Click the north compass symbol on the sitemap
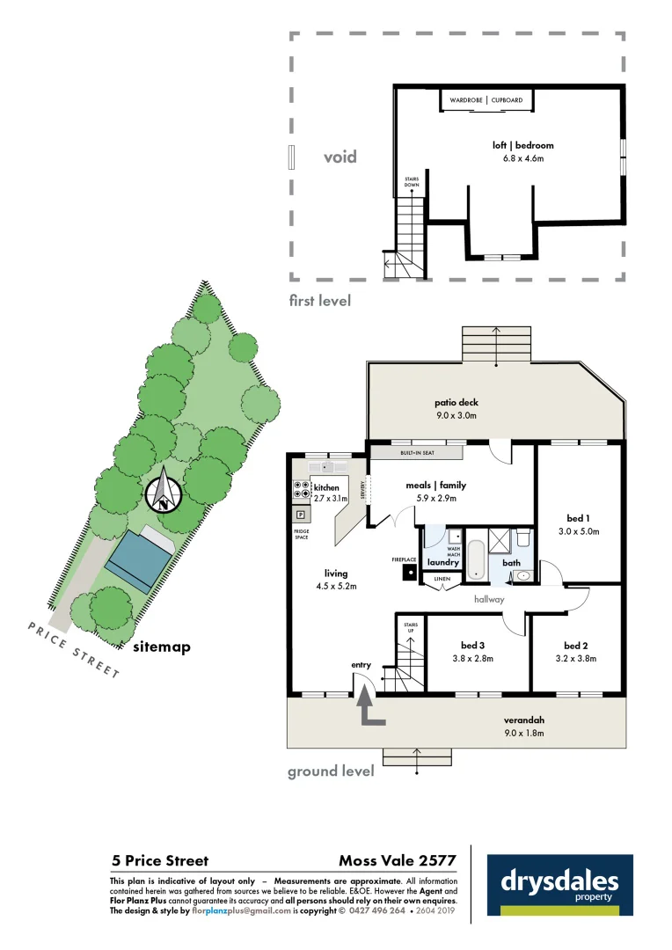coord(164,493)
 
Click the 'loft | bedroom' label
coord(522,145)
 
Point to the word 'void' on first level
coord(340,157)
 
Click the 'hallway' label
coord(489,600)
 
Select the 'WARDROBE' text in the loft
coord(466,100)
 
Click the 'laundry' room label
coord(443,562)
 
